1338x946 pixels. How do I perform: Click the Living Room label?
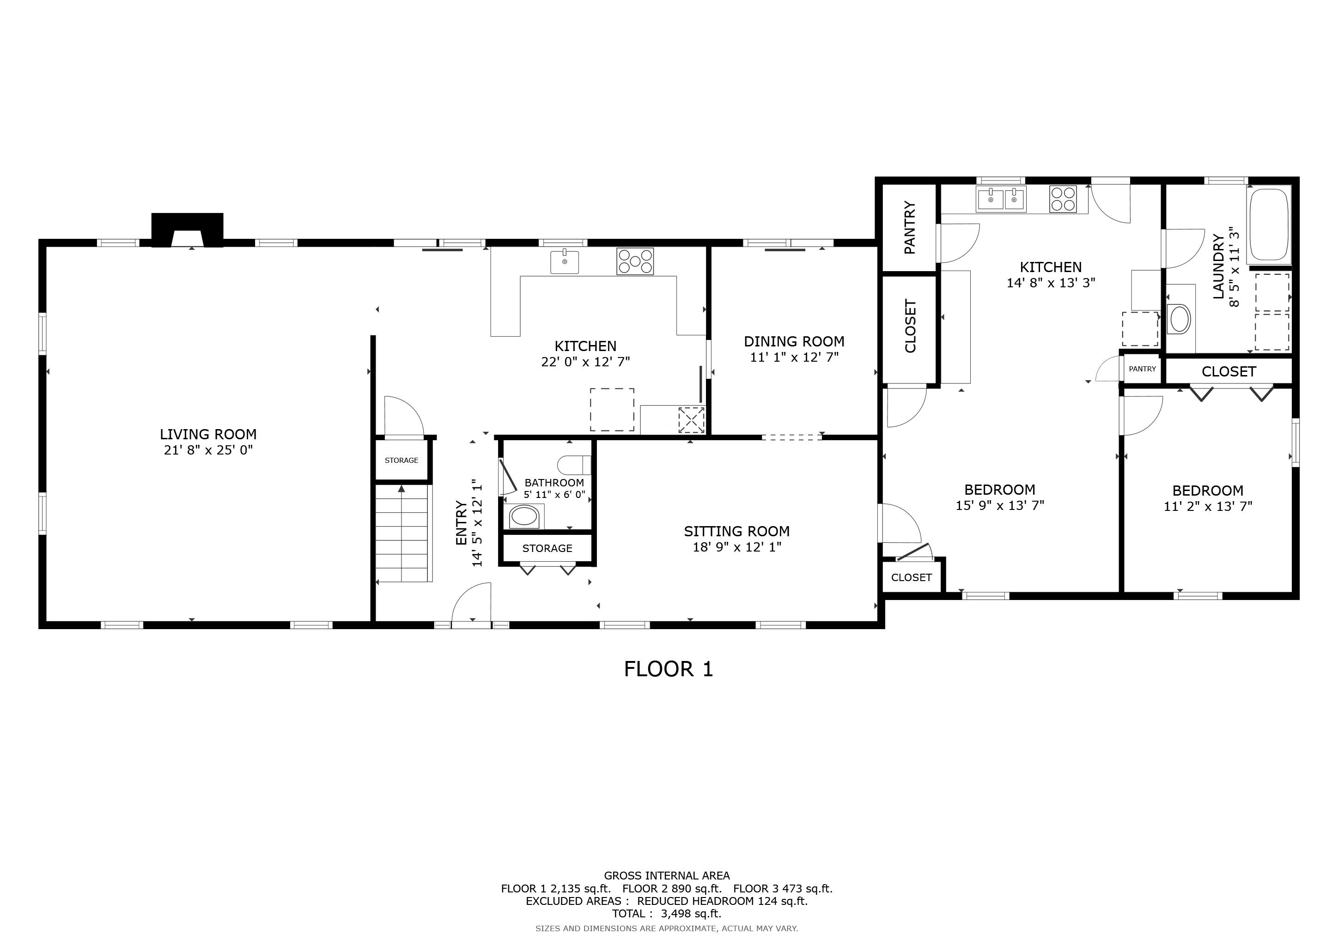pos(208,434)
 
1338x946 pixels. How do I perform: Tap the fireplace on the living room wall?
pos(187,230)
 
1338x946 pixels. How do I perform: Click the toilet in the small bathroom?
pos(574,465)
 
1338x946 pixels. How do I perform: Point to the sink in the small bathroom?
pos(524,516)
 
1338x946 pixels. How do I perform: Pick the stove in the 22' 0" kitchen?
pos(635,261)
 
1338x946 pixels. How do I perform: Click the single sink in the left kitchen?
pos(565,261)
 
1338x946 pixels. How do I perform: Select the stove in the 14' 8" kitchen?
pos(1063,199)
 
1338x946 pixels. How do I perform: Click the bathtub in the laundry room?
pos(1268,225)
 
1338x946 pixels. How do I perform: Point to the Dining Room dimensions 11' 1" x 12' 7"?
pos(794,357)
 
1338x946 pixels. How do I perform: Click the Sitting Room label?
pos(736,531)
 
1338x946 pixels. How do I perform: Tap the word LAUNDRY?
pos(1218,267)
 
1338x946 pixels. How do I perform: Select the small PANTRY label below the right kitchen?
pos(1142,369)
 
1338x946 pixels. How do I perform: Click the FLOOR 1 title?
pos(669,669)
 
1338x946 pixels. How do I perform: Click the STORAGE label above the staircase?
pos(401,460)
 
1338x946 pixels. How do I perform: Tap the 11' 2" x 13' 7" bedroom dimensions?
pos(1208,506)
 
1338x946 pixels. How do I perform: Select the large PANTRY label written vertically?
pos(909,228)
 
